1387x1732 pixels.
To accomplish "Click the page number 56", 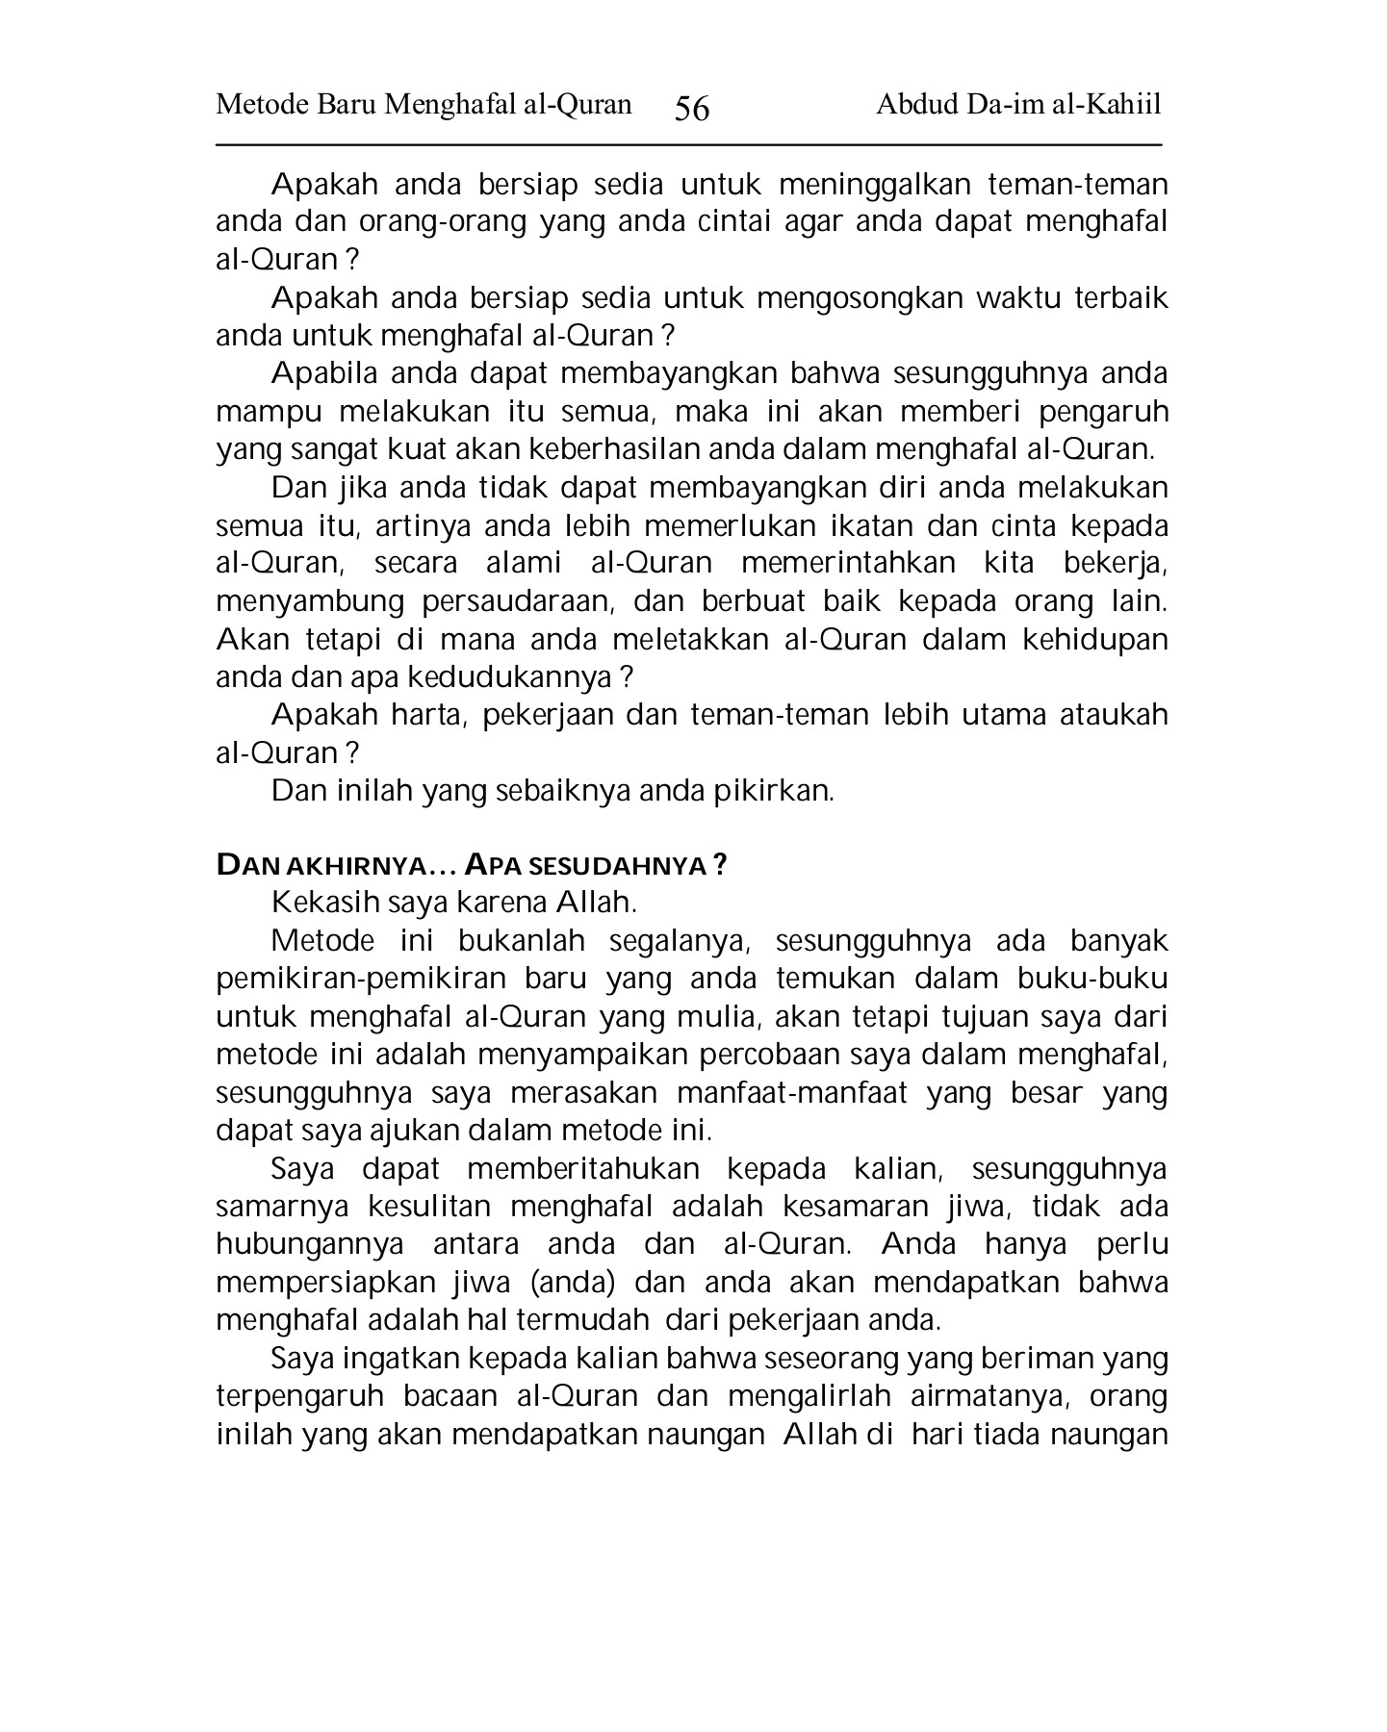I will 692,109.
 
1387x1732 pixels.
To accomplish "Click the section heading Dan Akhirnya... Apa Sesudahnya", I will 472,866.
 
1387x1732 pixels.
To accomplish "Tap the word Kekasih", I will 325,904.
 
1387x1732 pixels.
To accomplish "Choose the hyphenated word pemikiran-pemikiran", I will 361,980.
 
